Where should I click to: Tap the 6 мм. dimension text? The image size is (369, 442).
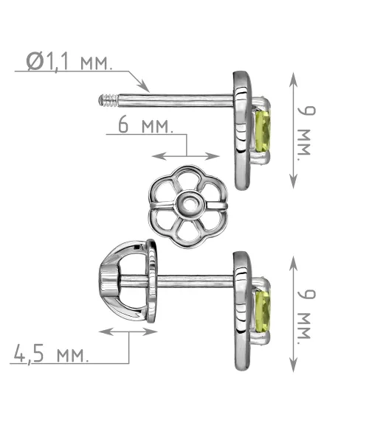(x=145, y=125)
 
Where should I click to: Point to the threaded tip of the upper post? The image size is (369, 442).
(x=108, y=100)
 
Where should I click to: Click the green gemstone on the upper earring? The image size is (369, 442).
(x=263, y=132)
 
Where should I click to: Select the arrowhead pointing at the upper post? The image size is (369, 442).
(x=144, y=86)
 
